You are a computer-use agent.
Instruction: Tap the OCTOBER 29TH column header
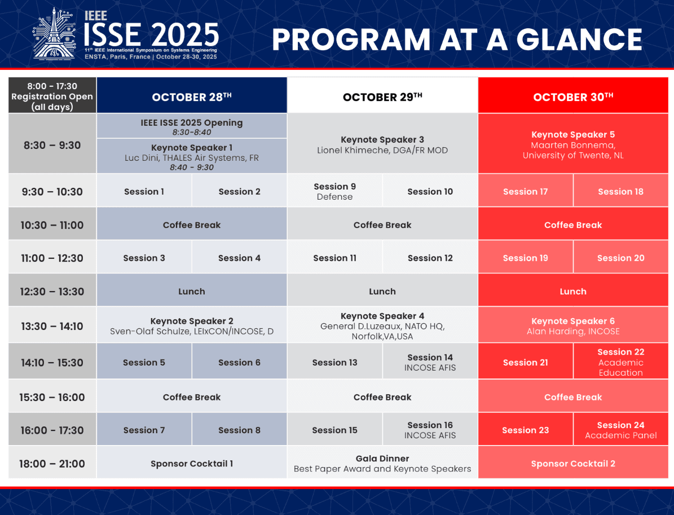point(382,95)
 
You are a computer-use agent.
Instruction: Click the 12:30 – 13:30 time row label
point(52,292)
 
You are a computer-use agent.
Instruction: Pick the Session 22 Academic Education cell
point(620,362)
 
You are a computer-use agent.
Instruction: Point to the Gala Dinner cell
point(382,463)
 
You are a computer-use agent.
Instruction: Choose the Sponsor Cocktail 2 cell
point(573,463)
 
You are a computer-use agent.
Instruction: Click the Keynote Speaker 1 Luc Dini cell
point(192,156)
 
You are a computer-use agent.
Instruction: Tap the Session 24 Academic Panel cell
point(620,429)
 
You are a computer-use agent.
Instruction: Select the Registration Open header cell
point(52,95)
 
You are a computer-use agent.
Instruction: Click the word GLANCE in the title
point(579,39)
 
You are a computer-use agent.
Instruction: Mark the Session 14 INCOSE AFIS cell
point(430,362)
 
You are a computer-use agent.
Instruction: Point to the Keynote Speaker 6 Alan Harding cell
point(573,325)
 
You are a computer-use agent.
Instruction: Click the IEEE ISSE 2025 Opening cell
point(192,126)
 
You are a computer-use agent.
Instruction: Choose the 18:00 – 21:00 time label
point(52,463)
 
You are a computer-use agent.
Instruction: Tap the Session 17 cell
point(525,191)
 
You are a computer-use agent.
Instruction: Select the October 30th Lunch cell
point(573,291)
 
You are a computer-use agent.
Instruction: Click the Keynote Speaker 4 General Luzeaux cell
point(382,325)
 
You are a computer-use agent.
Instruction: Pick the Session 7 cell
point(144,429)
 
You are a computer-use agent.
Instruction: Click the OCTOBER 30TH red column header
point(573,95)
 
